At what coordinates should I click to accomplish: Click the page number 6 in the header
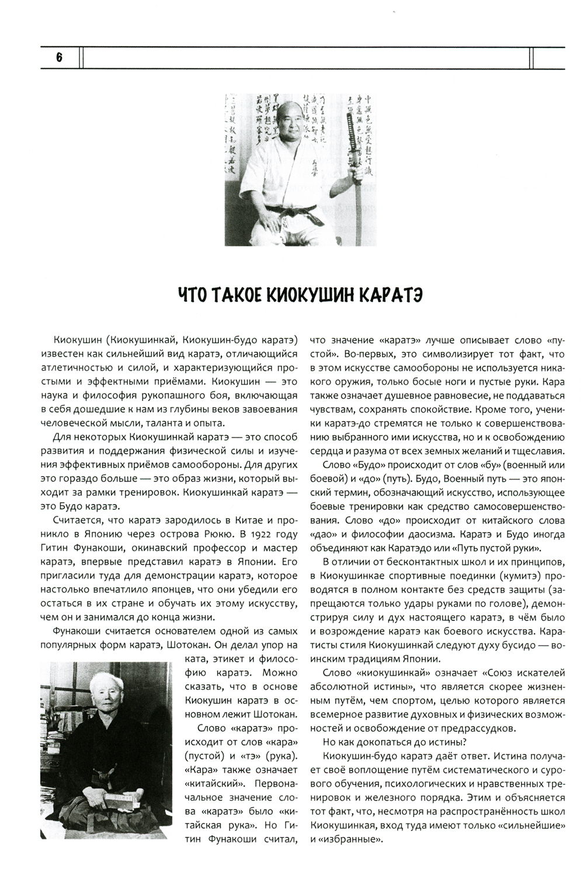click(x=60, y=58)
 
